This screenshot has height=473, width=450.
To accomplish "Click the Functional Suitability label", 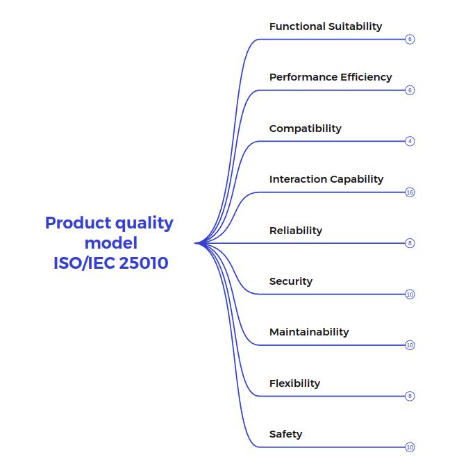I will click(325, 26).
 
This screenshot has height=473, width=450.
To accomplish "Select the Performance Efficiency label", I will click(331, 77).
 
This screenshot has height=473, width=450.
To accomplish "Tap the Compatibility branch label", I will click(305, 128).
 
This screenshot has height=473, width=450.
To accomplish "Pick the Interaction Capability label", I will click(326, 179).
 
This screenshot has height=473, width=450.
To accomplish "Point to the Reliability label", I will click(295, 231).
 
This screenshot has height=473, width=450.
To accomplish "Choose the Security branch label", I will click(290, 281).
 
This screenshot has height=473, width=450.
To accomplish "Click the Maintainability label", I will click(308, 332).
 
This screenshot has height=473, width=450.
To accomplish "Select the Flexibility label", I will click(294, 383).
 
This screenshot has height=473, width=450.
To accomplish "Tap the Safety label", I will click(285, 434).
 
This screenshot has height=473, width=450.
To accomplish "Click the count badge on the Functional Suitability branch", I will click(410, 40).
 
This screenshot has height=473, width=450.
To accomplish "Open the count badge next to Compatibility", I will click(410, 141).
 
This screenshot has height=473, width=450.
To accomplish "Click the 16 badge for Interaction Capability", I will click(410, 192).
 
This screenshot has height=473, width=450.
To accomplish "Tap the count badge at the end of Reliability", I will click(410, 243).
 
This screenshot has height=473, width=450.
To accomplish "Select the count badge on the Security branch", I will click(410, 294).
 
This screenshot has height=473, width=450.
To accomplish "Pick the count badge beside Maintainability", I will click(410, 345).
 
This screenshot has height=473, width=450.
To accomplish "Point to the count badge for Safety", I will click(410, 447).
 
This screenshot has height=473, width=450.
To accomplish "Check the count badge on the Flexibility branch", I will click(410, 396).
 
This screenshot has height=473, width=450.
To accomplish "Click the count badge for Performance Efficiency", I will click(410, 90).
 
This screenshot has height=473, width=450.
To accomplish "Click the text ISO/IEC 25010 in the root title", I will click(110, 264).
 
